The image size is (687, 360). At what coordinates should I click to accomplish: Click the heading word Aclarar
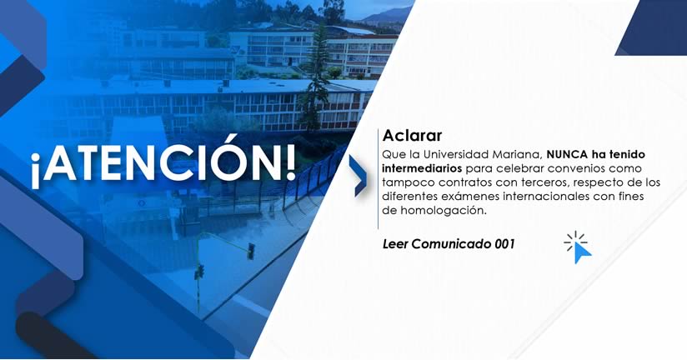click(x=413, y=135)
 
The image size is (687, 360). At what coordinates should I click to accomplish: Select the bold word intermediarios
click(x=422, y=168)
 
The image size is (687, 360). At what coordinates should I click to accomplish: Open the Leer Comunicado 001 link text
click(x=449, y=244)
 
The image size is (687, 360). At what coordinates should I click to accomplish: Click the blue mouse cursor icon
click(x=579, y=247)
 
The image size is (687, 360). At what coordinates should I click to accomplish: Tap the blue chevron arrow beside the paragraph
click(x=359, y=175)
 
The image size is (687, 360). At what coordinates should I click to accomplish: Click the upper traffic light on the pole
click(x=250, y=252)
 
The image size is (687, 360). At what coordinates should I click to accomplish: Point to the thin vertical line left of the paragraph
click(x=379, y=178)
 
